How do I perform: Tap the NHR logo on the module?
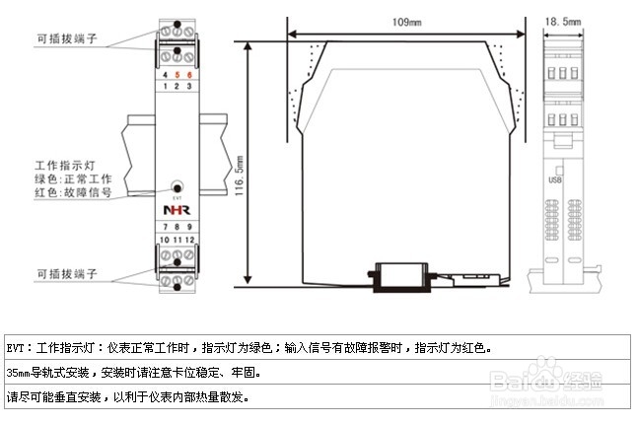(x=176, y=211)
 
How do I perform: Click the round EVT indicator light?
(x=177, y=185)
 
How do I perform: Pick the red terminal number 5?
(x=176, y=75)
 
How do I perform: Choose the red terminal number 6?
(x=187, y=75)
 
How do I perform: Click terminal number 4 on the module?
(x=164, y=75)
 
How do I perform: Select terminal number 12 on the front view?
(x=187, y=240)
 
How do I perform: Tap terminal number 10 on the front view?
(x=164, y=240)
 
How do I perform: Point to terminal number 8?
(x=176, y=228)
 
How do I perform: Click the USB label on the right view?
(x=554, y=179)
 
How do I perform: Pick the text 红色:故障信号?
(x=73, y=193)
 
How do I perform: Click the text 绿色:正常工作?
(x=73, y=179)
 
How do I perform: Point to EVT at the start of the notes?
(x=16, y=349)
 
